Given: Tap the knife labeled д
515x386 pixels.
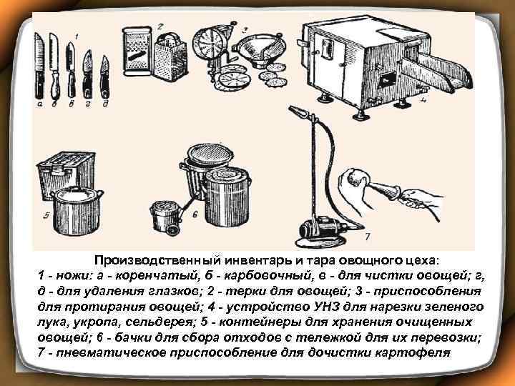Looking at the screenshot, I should pos(104,75).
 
